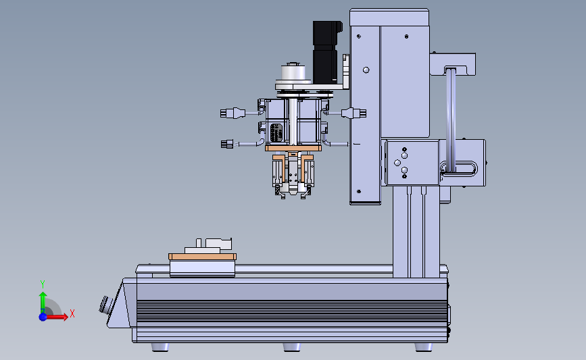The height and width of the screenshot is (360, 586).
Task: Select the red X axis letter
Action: pyautogui.click(x=72, y=313)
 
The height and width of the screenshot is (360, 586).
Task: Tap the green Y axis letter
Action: pyautogui.click(x=43, y=284)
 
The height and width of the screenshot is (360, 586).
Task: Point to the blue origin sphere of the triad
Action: pyautogui.click(x=43, y=317)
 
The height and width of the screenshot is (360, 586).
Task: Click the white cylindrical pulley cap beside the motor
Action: pyautogui.click(x=293, y=72)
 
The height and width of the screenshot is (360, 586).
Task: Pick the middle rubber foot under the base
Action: pyautogui.click(x=292, y=347)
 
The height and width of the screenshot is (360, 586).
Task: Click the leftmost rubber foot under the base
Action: pyautogui.click(x=160, y=347)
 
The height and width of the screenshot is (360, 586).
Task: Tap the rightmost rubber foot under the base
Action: pyautogui.click(x=424, y=347)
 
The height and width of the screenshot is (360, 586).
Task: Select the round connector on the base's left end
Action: pyautogui.click(x=105, y=305)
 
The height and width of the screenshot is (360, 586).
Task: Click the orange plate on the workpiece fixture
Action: pyautogui.click(x=202, y=257)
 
